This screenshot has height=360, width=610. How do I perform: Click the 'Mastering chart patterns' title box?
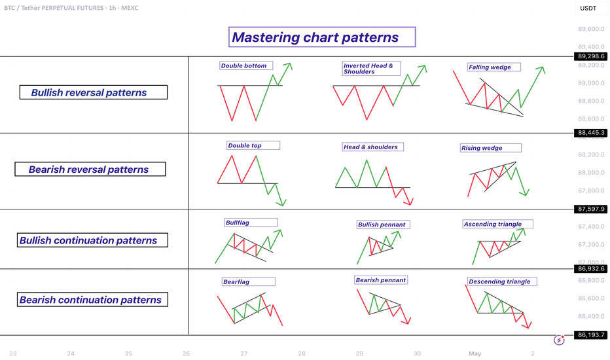[322, 37]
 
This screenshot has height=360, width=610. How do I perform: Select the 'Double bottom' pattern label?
[246, 65]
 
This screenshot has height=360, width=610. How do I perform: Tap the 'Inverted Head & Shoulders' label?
[371, 69]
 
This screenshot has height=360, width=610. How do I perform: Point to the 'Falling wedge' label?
[493, 67]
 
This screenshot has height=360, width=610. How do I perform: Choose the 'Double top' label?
[253, 145]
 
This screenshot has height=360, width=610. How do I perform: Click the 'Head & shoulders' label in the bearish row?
[372, 147]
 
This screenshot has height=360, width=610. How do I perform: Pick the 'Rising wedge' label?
[491, 147]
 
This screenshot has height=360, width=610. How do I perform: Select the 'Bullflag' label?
[251, 223]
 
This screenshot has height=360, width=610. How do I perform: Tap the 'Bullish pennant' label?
[383, 224]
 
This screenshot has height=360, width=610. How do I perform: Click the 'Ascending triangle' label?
[497, 224]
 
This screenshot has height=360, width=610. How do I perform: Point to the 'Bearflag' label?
[249, 281]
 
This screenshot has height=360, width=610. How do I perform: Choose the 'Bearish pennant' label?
[381, 280]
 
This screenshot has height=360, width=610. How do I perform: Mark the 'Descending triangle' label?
[502, 281]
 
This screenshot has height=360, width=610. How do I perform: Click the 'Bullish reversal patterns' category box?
[94, 92]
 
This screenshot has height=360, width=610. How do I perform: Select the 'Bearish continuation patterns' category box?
[92, 299]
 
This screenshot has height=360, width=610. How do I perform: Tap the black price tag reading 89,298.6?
[590, 56]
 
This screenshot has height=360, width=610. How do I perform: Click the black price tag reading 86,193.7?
[590, 334]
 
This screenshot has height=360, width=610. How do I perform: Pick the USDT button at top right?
[588, 8]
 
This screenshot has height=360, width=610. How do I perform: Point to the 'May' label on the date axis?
[475, 353]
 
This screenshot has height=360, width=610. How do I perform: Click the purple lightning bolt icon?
[559, 340]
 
